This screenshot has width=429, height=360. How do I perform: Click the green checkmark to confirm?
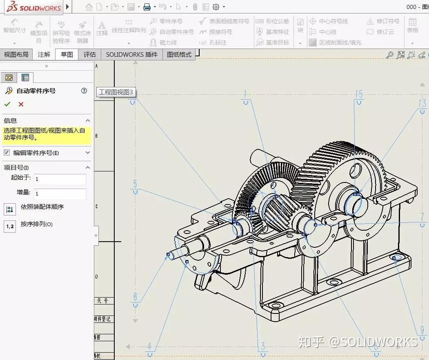pyautogui.click(x=7, y=104)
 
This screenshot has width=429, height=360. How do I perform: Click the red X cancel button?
pyautogui.click(x=21, y=104)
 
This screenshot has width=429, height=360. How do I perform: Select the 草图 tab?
pyautogui.click(x=67, y=54)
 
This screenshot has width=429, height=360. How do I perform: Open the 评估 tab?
pyautogui.click(x=89, y=54)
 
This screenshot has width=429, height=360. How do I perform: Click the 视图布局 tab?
pyautogui.click(x=16, y=54)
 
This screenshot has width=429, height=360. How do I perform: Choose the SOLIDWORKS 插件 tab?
pyautogui.click(x=131, y=54)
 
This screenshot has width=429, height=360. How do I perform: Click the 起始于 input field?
pyautogui.click(x=60, y=179)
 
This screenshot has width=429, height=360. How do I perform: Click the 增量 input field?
pyautogui.click(x=60, y=194)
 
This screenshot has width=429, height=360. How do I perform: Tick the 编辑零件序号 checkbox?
pyautogui.click(x=7, y=153)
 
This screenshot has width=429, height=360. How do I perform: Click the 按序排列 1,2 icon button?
pyautogui.click(x=10, y=226)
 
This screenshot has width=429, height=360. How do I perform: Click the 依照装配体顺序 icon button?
pyautogui.click(x=10, y=209)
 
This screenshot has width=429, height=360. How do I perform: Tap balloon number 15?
pyautogui.click(x=359, y=95)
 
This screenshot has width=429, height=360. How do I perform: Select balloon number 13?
pyautogui.click(x=422, y=102)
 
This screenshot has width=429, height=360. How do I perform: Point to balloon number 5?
pyautogui.click(x=135, y=184)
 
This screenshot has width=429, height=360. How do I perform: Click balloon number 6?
pyautogui.click(x=135, y=297)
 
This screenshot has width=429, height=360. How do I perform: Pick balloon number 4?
pyautogui.click(x=149, y=347)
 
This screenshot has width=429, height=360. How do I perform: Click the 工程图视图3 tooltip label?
pyautogui.click(x=116, y=92)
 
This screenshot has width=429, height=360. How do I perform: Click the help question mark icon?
pyautogui.click(x=84, y=91)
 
